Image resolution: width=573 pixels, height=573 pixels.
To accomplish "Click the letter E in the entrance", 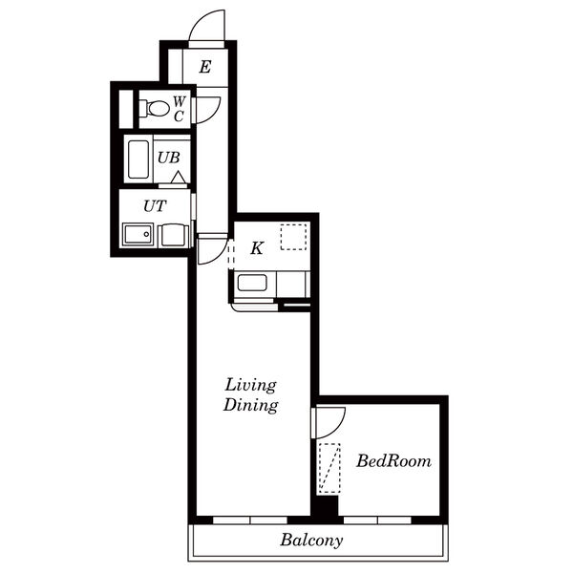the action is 205,67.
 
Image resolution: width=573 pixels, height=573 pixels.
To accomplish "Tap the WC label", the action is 180,109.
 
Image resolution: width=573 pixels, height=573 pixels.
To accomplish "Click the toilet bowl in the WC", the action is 158,109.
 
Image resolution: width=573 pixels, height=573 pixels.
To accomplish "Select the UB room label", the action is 169,158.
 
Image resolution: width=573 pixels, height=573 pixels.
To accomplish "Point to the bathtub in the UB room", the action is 138,159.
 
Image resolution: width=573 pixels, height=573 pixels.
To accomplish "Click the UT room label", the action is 155,206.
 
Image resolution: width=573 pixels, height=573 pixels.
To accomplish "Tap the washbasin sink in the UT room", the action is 138,234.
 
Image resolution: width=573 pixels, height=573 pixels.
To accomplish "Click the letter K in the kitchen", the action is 257,248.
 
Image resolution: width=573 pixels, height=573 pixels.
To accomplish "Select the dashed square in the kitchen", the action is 293,237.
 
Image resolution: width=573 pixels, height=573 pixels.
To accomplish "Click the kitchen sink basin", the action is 252,283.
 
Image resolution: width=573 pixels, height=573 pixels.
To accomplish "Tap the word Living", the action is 250,386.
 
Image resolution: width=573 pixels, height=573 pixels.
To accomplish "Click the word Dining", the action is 250,405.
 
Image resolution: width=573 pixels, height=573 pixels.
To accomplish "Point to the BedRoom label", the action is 393,461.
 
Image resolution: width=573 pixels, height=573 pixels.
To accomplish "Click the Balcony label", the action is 311,541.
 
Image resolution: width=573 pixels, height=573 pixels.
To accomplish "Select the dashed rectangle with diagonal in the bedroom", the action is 329,469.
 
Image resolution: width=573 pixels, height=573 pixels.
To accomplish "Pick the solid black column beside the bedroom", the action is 327,505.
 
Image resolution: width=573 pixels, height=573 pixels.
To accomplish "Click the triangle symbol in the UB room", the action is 179,178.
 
